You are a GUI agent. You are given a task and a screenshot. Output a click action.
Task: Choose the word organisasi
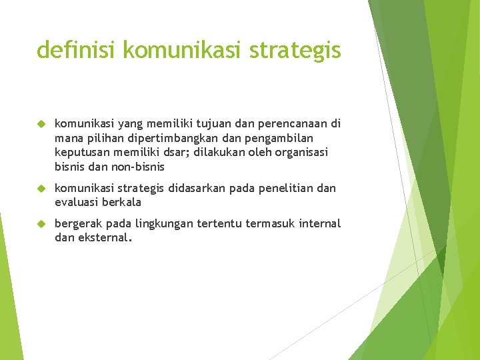pyautogui.click(x=303, y=152)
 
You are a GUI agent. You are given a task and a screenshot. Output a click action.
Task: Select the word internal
pyautogui.click(x=319, y=223)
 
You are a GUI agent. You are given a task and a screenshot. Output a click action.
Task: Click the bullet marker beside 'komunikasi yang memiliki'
pyautogui.click(x=41, y=123)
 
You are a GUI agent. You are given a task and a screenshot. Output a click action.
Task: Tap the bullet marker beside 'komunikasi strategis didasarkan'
pyautogui.click(x=41, y=188)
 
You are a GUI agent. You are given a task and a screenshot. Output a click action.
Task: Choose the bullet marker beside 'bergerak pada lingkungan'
pyautogui.click(x=41, y=223)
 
